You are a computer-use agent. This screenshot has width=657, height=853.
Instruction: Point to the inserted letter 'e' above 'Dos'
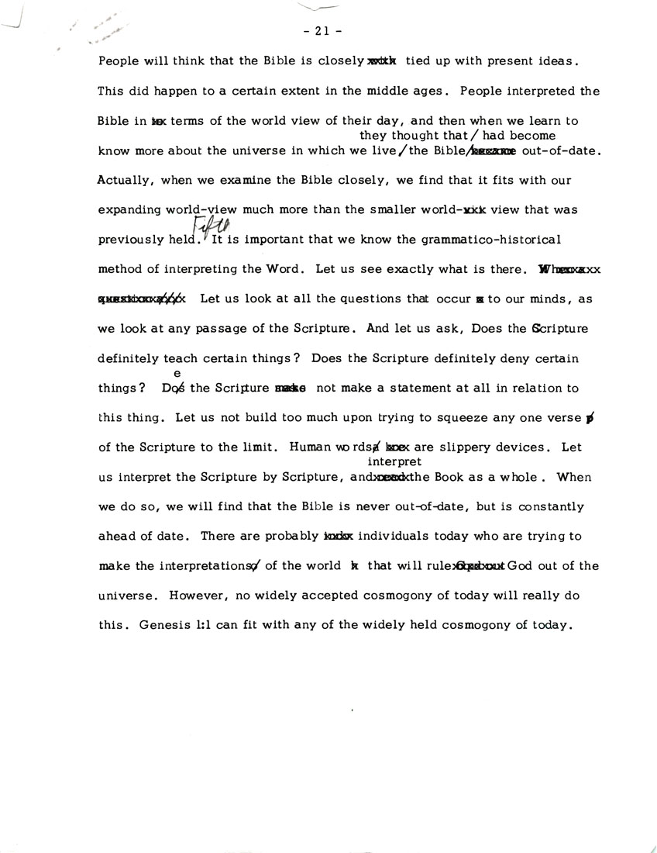coord(177,373)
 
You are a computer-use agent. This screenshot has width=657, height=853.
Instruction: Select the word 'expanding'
coord(129,210)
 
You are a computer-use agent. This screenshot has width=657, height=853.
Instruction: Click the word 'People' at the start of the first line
coord(118,61)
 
